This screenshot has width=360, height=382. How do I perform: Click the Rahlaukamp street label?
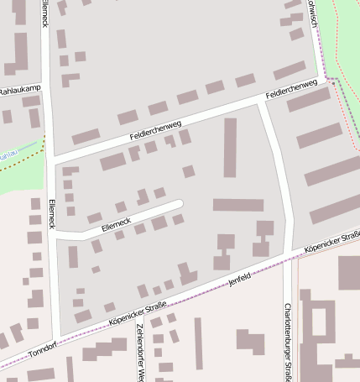(x=19, y=90)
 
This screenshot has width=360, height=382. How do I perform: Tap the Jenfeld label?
(x=240, y=279)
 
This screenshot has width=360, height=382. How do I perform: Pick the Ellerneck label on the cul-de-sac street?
(x=116, y=223)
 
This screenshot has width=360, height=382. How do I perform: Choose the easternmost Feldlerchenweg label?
(x=290, y=91)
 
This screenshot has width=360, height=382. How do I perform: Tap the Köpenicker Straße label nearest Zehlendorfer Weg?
(x=135, y=315)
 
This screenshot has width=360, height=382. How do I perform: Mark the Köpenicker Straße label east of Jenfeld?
(x=331, y=243)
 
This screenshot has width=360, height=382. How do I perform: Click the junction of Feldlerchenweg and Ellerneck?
(x=50, y=158)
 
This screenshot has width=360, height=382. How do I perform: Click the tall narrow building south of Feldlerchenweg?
(x=230, y=147)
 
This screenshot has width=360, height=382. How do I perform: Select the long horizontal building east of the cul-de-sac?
(x=237, y=204)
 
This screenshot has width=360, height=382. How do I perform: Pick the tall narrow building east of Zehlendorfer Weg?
(x=199, y=343)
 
